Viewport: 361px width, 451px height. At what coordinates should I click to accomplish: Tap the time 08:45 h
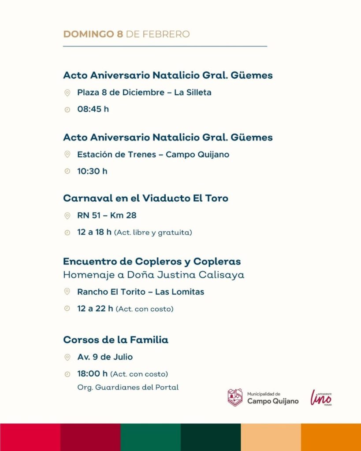coord(93,109)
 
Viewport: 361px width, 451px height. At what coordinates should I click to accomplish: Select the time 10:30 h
coord(92,171)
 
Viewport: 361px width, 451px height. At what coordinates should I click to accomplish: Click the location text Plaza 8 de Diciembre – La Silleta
coord(144,92)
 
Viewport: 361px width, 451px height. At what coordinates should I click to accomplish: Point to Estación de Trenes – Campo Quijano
coord(153,155)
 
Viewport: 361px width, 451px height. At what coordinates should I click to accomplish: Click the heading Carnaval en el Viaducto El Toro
coord(145,198)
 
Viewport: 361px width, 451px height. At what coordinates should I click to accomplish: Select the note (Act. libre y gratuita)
coord(153,233)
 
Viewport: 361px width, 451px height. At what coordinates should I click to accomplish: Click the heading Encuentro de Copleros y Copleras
coord(152,261)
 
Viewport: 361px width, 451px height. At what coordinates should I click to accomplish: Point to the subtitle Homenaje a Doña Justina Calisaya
coord(153,275)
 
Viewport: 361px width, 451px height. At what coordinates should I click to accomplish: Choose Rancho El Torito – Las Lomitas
coord(141,292)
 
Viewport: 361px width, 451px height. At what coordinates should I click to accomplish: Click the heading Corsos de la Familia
coord(115,340)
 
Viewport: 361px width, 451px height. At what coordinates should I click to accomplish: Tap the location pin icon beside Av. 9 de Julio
coord(67,357)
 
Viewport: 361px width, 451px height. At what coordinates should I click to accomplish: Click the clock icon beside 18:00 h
coord(67,374)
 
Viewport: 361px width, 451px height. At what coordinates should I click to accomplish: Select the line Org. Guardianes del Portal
coord(128,388)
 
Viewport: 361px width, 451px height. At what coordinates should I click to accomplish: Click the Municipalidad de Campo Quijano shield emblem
coord(235,397)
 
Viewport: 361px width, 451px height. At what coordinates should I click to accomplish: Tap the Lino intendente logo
coord(321,397)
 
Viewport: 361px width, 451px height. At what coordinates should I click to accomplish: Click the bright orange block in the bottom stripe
coord(331,437)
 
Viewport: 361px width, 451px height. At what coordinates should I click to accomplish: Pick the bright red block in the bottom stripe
coord(30,437)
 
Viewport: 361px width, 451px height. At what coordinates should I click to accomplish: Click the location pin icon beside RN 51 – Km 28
coord(67,216)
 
